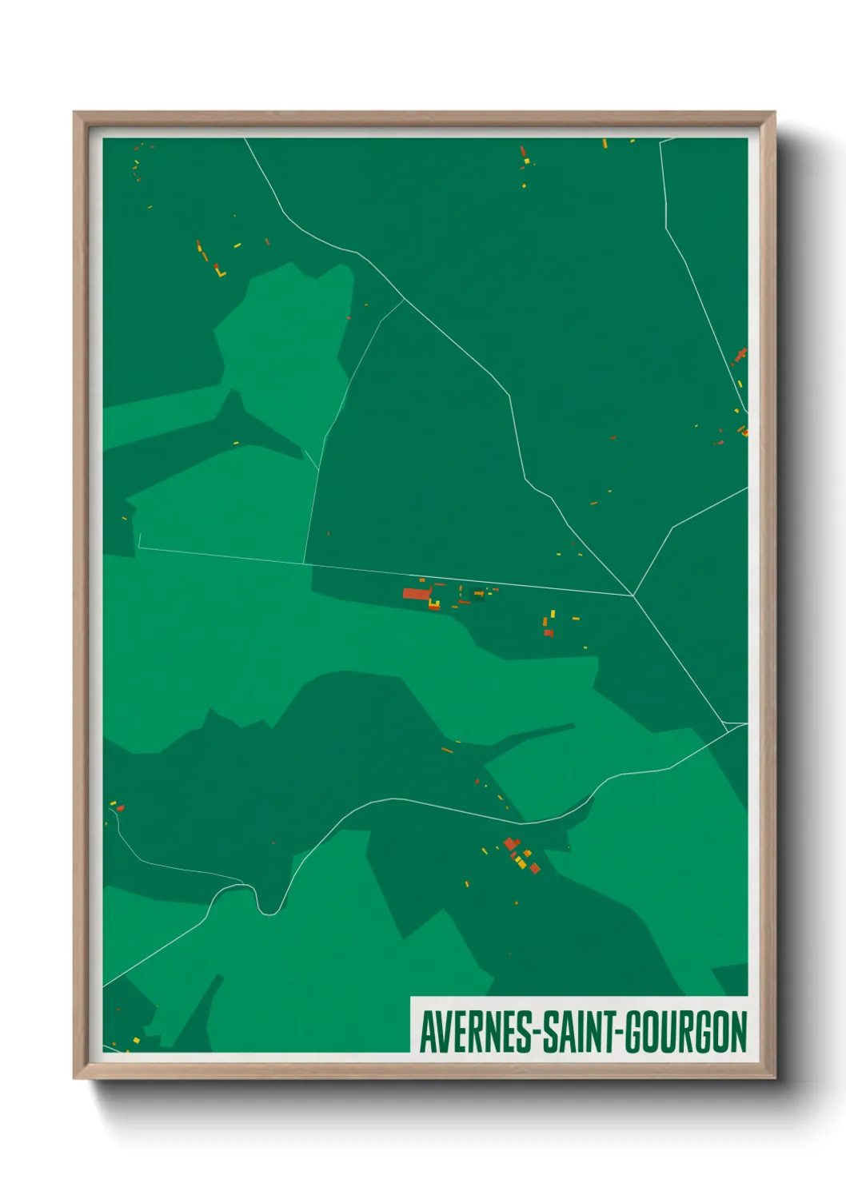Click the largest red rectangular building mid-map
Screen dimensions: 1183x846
(416, 594)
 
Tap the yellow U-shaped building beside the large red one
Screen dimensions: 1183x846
(434, 603)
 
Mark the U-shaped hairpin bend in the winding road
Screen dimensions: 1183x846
(269, 910)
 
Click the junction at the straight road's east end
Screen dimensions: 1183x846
(633, 595)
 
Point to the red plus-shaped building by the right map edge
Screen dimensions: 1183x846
(740, 354)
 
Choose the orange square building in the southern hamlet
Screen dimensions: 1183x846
(528, 854)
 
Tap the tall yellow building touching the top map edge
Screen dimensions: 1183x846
(605, 144)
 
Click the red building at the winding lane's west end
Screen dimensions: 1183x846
(121, 808)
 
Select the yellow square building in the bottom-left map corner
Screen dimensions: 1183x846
(136, 1040)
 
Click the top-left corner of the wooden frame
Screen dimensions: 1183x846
(75, 114)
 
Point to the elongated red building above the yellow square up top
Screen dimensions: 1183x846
(523, 151)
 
